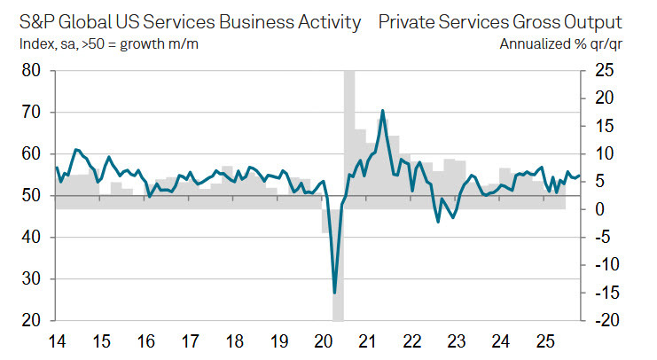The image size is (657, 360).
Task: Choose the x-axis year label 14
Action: click(57, 340)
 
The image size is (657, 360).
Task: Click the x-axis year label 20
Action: click(323, 340)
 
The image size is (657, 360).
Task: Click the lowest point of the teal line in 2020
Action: click(334, 293)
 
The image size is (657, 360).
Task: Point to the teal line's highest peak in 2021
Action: click(382, 111)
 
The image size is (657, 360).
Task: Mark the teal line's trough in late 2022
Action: click(438, 221)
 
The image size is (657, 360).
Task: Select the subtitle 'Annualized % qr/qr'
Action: click(560, 42)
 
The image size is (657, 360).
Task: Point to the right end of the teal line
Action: click(581, 175)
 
